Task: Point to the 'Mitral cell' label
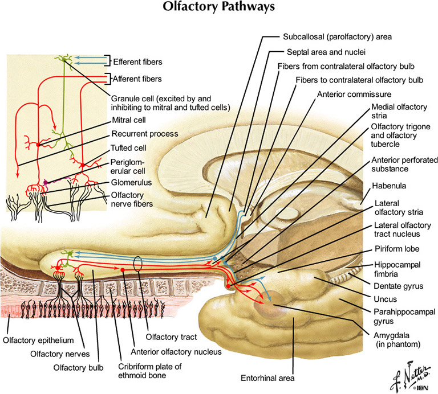(x=129, y=120)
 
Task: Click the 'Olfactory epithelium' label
(x=38, y=340)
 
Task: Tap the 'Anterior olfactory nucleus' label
(x=176, y=351)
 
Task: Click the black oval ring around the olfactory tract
(x=137, y=265)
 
